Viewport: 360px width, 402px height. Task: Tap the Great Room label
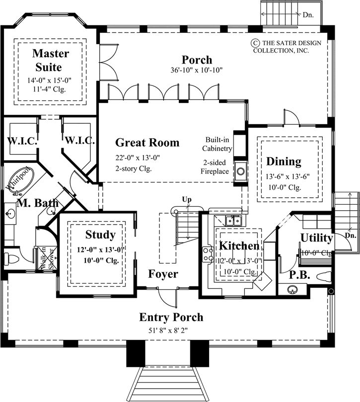click(147, 143)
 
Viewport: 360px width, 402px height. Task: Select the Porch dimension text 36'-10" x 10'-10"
click(196, 71)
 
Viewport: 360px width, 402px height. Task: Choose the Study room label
click(100, 235)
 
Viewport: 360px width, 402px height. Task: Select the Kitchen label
click(239, 246)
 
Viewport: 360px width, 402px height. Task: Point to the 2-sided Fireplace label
click(215, 167)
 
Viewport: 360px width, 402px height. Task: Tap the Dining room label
click(284, 161)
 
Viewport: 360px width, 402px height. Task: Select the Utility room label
click(316, 238)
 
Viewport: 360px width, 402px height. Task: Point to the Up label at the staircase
click(187, 200)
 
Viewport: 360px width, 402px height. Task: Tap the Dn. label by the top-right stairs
click(308, 15)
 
